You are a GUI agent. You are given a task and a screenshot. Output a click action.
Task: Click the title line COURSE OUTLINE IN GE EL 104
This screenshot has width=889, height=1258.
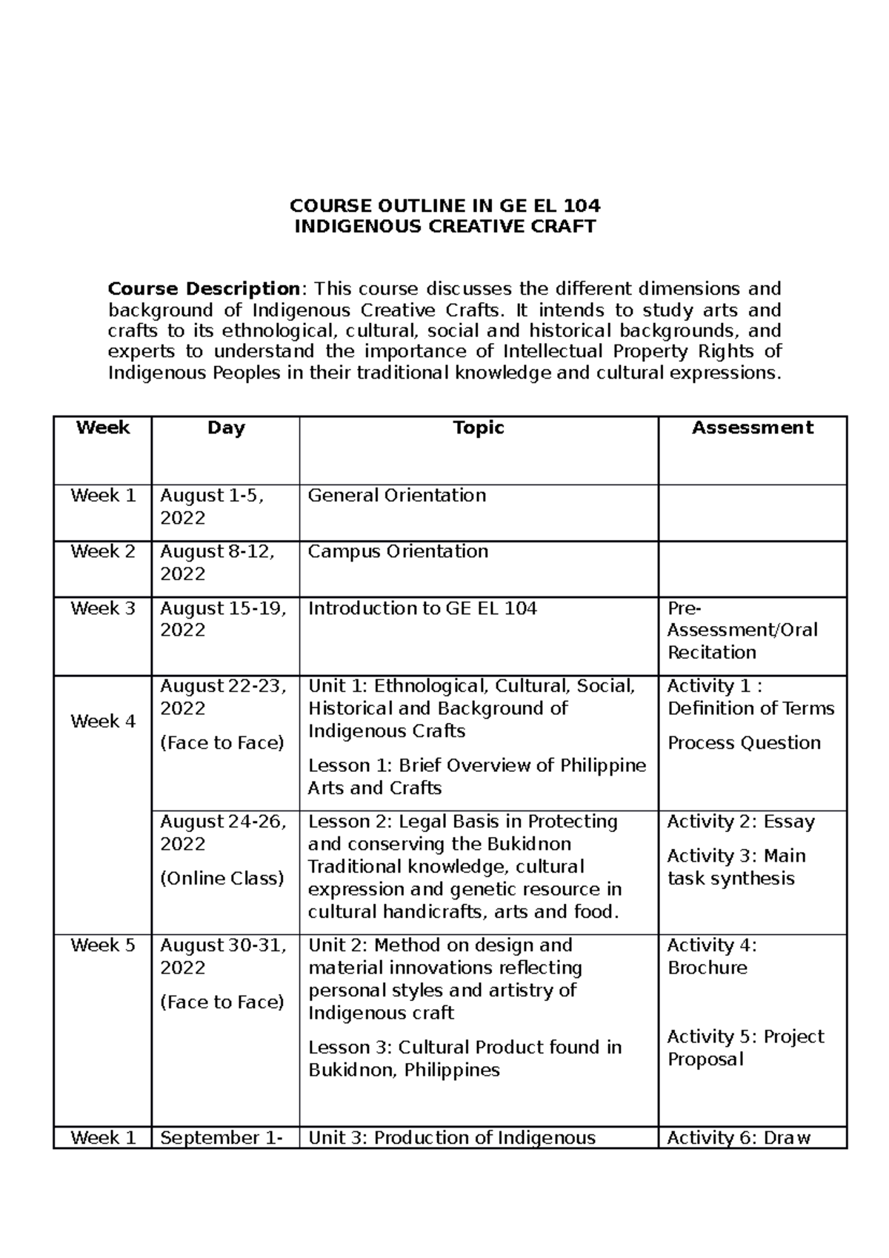pyautogui.click(x=444, y=205)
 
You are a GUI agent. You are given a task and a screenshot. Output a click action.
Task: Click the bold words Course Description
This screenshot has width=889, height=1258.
pyautogui.click(x=203, y=288)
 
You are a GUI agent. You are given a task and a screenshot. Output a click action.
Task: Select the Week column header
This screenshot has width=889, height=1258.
pyautogui.click(x=102, y=427)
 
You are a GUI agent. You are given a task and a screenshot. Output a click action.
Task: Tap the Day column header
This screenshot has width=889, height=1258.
pyautogui.click(x=226, y=427)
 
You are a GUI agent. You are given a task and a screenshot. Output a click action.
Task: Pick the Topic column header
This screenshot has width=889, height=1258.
pyautogui.click(x=479, y=427)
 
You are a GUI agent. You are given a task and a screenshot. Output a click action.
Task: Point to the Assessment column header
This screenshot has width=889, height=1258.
pyautogui.click(x=752, y=427)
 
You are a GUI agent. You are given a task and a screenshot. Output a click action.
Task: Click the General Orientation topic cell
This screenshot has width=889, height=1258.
pyautogui.click(x=397, y=496)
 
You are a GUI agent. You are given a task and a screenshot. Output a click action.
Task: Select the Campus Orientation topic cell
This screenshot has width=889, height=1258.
pyautogui.click(x=398, y=552)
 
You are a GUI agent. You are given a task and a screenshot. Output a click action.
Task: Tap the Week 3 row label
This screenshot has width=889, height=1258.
pyautogui.click(x=102, y=608)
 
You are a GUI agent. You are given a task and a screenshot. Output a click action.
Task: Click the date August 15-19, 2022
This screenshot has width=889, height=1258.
pyautogui.click(x=223, y=619)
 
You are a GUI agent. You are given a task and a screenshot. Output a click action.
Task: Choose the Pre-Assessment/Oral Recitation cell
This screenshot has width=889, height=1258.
pyautogui.click(x=742, y=630)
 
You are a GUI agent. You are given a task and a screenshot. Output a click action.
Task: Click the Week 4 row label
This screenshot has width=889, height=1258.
pyautogui.click(x=102, y=721)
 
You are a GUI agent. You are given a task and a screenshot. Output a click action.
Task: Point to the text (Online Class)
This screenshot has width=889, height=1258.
pyautogui.click(x=222, y=878)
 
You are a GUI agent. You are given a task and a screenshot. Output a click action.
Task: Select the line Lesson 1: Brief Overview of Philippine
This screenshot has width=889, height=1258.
pyautogui.click(x=477, y=765)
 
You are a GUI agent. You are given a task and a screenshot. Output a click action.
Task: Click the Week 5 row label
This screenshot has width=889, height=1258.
pyautogui.click(x=102, y=945)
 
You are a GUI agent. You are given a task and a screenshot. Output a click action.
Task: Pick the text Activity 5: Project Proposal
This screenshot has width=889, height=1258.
pyautogui.click(x=745, y=1048)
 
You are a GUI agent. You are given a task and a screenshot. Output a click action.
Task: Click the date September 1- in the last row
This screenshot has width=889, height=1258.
pyautogui.click(x=221, y=1138)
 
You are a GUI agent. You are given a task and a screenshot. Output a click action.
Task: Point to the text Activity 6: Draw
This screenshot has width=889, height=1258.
pyautogui.click(x=739, y=1138)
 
